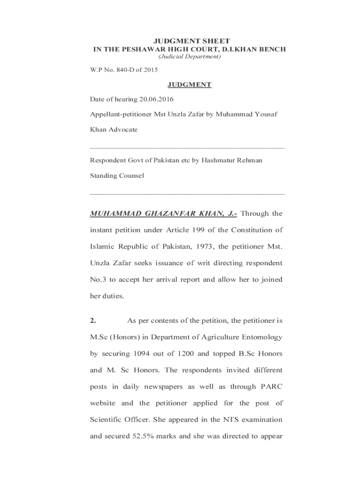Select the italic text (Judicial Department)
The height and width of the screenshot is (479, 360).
point(189,57)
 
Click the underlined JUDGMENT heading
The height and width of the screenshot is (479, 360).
point(189,85)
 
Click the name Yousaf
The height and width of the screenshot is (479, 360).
point(266,115)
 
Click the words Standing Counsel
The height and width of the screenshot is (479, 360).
point(117,176)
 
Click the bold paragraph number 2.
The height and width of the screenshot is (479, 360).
point(93,320)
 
